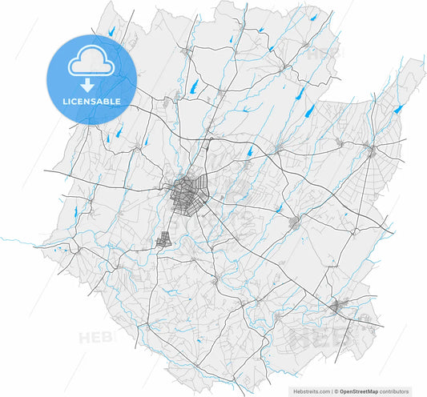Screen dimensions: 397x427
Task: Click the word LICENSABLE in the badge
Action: (x=92, y=102)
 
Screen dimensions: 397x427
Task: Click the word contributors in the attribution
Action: (x=401, y=390)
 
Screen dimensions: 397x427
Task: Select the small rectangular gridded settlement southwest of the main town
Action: (x=165, y=239)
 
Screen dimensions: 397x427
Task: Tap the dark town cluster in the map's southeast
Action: (x=340, y=305)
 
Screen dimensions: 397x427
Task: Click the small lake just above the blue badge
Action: (x=110, y=31)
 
